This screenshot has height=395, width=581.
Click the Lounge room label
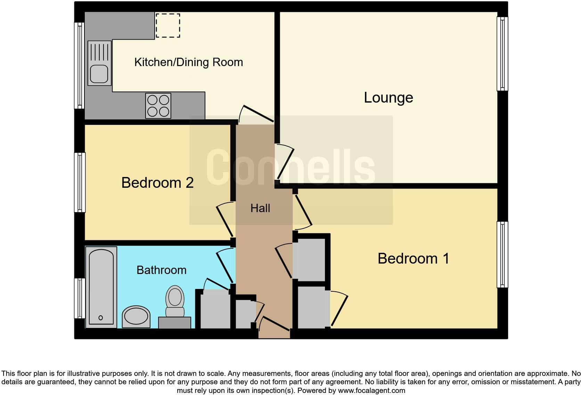pyautogui.click(x=388, y=98)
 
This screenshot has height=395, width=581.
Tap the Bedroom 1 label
pyautogui.click(x=413, y=259)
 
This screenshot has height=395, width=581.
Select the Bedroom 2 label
pyautogui.click(x=157, y=183)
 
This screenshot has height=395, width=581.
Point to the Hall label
pyautogui.click(x=260, y=208)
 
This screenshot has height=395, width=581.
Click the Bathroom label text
pyautogui.click(x=161, y=270)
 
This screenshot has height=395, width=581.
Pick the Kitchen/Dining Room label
pyautogui.click(x=188, y=62)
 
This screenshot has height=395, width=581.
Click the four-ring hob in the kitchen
pyautogui.click(x=158, y=106)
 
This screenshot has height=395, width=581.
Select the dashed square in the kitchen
pyautogui.click(x=167, y=25)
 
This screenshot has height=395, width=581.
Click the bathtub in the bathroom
pyautogui.click(x=101, y=287)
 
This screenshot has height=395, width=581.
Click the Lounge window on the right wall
pyautogui.click(x=502, y=54)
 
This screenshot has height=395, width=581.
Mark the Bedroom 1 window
pyautogui.click(x=502, y=255)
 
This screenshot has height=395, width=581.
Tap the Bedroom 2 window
pyautogui.click(x=80, y=182)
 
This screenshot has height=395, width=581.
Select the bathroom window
pyautogui.click(x=80, y=298)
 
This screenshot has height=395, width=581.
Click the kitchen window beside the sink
pyautogui.click(x=80, y=65)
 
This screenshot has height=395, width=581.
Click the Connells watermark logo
pyautogui.click(x=290, y=167)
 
